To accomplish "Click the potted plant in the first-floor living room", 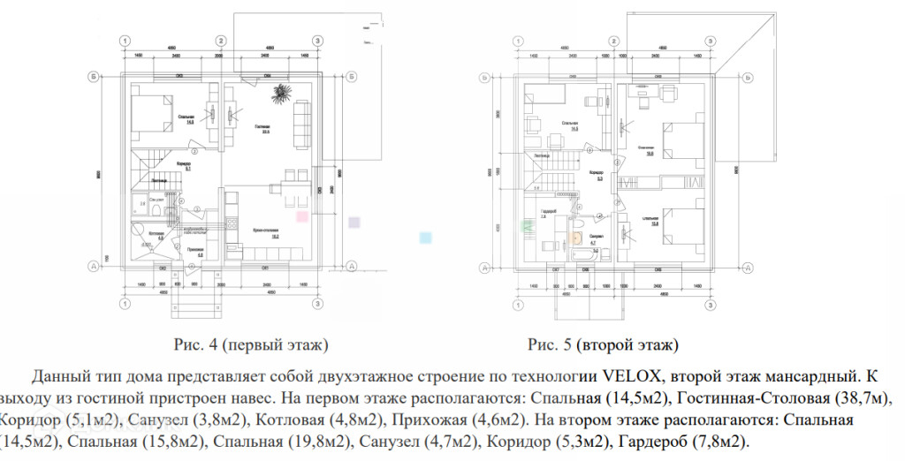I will (x=283, y=92).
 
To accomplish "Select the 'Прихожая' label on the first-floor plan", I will (x=197, y=251).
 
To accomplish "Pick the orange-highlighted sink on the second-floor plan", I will (x=577, y=236).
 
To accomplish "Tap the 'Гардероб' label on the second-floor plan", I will (x=547, y=212).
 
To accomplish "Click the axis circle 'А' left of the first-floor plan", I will (x=91, y=264).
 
